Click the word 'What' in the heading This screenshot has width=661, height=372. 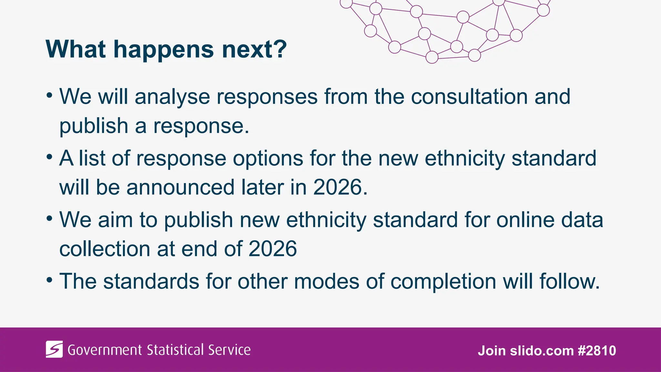coord(76,49)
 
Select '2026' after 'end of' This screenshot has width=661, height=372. coord(273,249)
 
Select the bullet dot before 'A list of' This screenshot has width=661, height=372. coord(49,157)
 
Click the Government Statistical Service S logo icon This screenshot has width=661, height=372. coord(54,349)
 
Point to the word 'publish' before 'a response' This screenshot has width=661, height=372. coord(94,126)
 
